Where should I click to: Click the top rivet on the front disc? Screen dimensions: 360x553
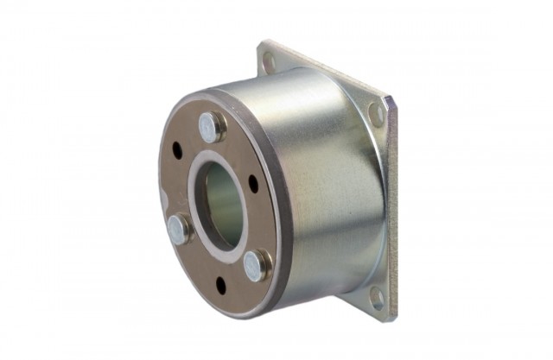point(211,126)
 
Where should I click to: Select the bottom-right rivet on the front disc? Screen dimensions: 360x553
point(253,266)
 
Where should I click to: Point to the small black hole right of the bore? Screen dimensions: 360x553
point(253,183)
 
